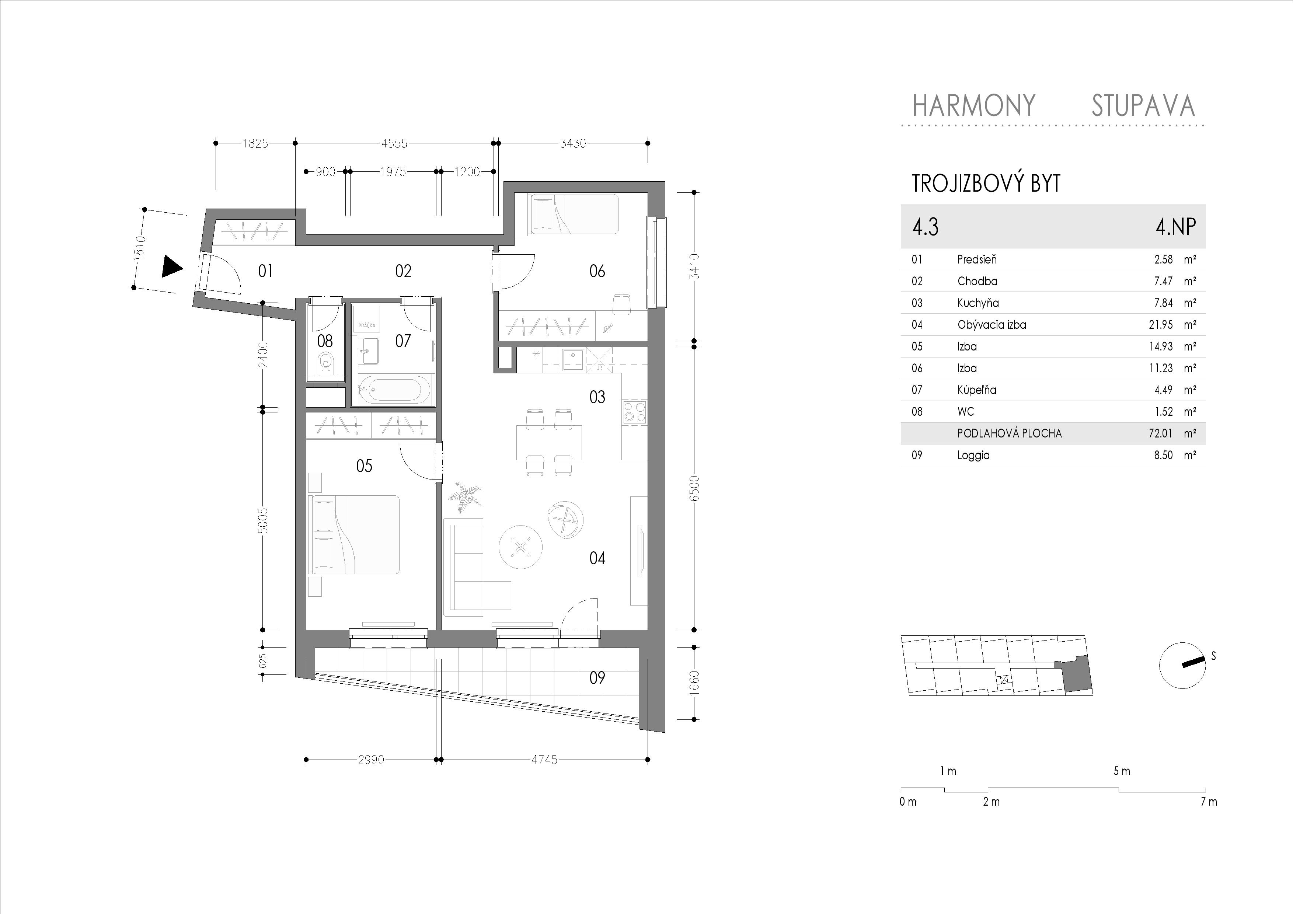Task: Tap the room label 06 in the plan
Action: click(x=597, y=272)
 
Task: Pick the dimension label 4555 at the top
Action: click(x=394, y=144)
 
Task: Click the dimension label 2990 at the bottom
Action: click(x=371, y=760)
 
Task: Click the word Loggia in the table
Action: click(x=973, y=455)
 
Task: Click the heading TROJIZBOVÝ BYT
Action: click(x=986, y=184)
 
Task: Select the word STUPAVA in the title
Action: click(x=1143, y=106)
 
